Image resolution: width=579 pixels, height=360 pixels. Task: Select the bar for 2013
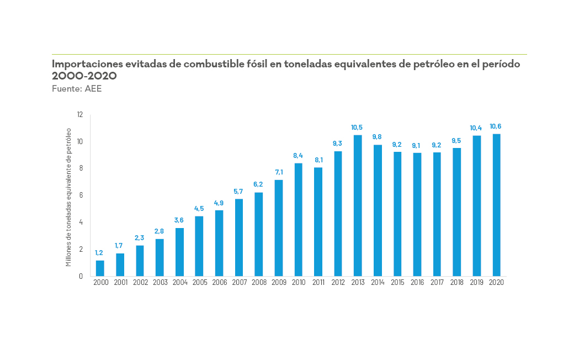pyautogui.click(x=358, y=205)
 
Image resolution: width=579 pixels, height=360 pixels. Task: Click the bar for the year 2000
pyautogui.click(x=100, y=268)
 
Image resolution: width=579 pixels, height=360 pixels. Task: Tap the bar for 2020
pyautogui.click(x=496, y=205)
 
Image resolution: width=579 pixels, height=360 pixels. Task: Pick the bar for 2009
pyautogui.click(x=279, y=228)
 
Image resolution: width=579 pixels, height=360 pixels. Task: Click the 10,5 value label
pyautogui.click(x=358, y=128)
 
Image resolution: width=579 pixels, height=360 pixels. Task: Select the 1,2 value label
pyautogui.click(x=99, y=253)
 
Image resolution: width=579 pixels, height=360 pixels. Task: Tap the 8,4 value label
pyautogui.click(x=298, y=156)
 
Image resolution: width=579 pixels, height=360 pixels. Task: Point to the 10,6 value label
pyautogui.click(x=496, y=126)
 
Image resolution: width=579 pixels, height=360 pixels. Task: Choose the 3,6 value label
pyautogui.click(x=179, y=220)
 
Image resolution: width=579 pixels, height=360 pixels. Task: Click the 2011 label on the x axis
pyautogui.click(x=318, y=283)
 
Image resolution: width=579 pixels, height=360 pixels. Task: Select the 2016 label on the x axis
pyautogui.click(x=417, y=283)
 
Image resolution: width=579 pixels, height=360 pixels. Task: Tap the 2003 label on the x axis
pyautogui.click(x=160, y=283)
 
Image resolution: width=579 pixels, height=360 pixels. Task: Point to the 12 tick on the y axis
pyautogui.click(x=79, y=115)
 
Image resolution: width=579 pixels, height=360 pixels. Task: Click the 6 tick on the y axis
pyautogui.click(x=81, y=195)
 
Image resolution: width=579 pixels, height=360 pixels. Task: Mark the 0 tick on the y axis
pyautogui.click(x=81, y=276)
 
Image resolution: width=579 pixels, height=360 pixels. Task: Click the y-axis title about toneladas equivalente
pyautogui.click(x=69, y=197)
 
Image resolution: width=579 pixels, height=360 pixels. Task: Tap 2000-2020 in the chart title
pyautogui.click(x=84, y=76)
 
